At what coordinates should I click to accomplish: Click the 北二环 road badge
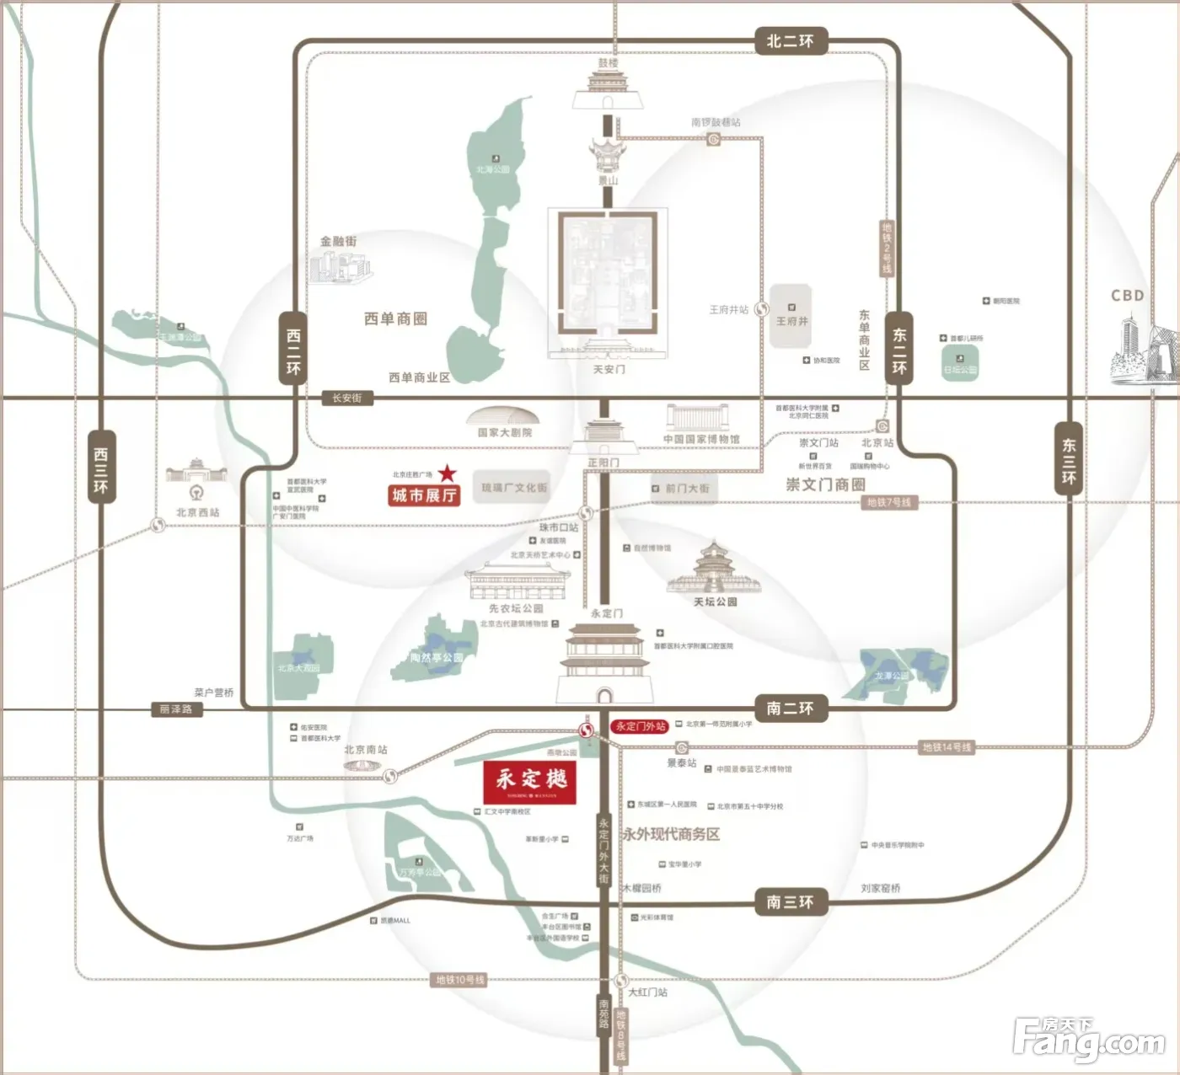pyautogui.click(x=790, y=40)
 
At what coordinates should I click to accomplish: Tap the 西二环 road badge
pyautogui.click(x=293, y=350)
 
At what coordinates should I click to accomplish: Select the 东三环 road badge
pyautogui.click(x=1069, y=461)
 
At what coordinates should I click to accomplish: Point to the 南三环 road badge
pyautogui.click(x=790, y=901)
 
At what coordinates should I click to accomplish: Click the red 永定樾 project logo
pyautogui.click(x=530, y=783)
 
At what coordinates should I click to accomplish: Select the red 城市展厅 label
pyautogui.click(x=424, y=495)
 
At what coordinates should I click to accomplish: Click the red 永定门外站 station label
pyautogui.click(x=641, y=726)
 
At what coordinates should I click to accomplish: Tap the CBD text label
pyautogui.click(x=1127, y=296)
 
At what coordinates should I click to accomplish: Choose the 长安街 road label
pyautogui.click(x=346, y=398)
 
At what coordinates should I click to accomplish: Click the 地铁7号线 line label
pyautogui.click(x=889, y=503)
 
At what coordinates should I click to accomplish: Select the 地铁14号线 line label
pyautogui.click(x=947, y=747)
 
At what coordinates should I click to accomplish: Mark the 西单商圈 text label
pyautogui.click(x=395, y=318)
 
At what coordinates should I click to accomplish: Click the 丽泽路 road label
pyautogui.click(x=176, y=709)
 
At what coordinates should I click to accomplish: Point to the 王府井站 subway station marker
pyautogui.click(x=762, y=309)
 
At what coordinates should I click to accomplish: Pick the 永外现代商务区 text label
pyautogui.click(x=671, y=834)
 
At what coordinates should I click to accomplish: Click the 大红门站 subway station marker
pyautogui.click(x=621, y=981)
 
